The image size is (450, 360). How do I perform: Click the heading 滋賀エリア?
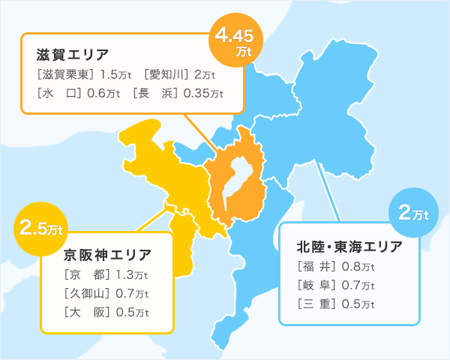(x=73, y=55)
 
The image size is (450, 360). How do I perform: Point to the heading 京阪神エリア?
(x=107, y=254)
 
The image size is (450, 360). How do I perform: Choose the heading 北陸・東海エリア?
(x=349, y=247)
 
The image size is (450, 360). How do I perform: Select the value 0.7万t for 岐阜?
(x=359, y=285)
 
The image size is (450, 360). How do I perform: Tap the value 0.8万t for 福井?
(x=359, y=265)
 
